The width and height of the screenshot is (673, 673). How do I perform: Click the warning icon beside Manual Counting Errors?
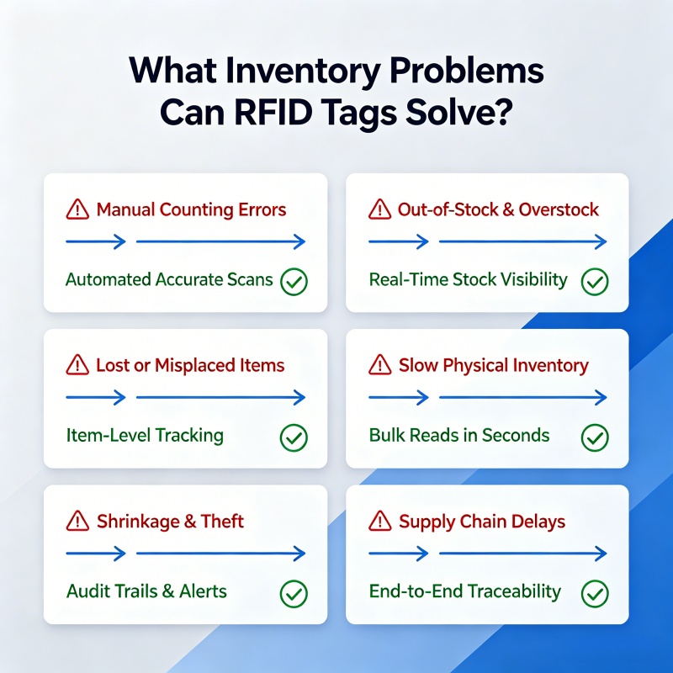77,209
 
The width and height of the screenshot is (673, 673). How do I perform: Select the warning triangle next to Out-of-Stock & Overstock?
380,209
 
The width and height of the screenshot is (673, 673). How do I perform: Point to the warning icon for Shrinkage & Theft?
77,521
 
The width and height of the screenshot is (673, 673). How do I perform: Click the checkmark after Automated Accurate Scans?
294,282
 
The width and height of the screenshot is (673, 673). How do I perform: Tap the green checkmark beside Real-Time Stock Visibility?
595,282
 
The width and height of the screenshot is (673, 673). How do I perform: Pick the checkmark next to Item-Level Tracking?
294,437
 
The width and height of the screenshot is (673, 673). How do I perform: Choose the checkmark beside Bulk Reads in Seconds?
595,437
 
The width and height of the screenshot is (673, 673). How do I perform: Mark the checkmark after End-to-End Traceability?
595,594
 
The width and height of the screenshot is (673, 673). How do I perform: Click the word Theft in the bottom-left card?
222,521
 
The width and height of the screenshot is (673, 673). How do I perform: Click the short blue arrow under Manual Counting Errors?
96,241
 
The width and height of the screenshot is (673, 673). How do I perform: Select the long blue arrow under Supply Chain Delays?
522,554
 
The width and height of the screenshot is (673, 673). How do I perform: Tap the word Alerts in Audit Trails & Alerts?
203,591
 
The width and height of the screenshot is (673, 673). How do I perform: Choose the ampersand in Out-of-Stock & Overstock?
508,209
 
